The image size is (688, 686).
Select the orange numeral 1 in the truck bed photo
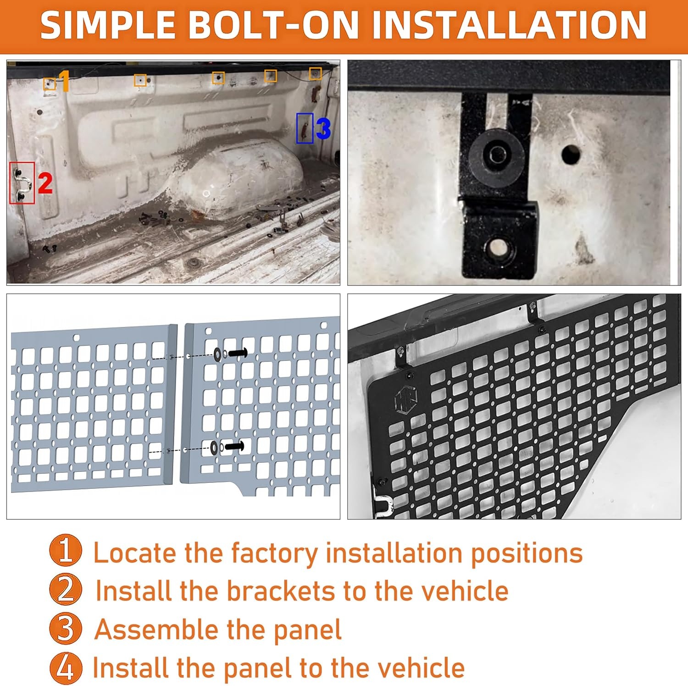(64, 81)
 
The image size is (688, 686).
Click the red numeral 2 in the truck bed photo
(45, 183)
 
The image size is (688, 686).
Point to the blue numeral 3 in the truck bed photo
(323, 128)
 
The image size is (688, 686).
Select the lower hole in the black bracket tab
(498, 248)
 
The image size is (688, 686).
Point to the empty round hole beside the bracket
(571, 155)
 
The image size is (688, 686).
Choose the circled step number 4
(66, 668)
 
